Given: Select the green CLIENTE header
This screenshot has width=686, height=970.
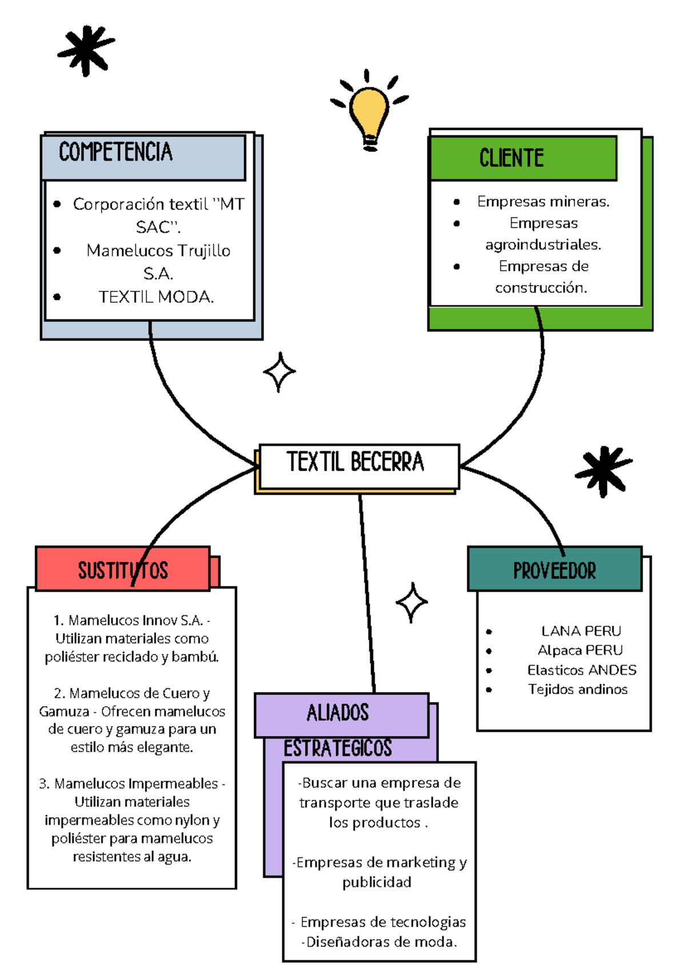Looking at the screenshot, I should click(512, 158).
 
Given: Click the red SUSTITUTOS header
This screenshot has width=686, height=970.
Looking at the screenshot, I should click(123, 570).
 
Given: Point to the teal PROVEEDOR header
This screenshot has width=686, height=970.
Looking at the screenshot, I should click(554, 570).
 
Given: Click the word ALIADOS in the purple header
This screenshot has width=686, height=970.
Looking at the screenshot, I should click(338, 713).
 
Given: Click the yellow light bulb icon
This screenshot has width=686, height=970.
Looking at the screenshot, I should click(369, 112).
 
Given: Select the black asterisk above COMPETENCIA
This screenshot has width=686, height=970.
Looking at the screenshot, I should click(86, 50).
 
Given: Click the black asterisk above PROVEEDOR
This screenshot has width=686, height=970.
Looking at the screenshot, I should click(604, 471).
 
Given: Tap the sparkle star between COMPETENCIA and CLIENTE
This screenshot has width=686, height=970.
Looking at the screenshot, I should click(280, 372).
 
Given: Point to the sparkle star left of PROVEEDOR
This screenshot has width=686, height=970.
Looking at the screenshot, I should click(411, 602).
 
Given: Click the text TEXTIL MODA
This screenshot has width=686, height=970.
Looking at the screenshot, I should click(156, 297).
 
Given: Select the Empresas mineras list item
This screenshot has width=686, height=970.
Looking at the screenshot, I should click(543, 202).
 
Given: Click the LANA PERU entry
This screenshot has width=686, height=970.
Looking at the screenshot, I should click(581, 631).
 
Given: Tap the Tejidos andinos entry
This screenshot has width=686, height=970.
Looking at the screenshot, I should click(577, 689).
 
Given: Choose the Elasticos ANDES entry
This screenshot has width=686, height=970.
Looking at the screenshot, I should click(581, 670).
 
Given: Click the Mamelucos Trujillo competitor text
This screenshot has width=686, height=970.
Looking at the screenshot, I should click(158, 251).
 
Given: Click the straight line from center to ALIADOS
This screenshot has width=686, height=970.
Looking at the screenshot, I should click(367, 594).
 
